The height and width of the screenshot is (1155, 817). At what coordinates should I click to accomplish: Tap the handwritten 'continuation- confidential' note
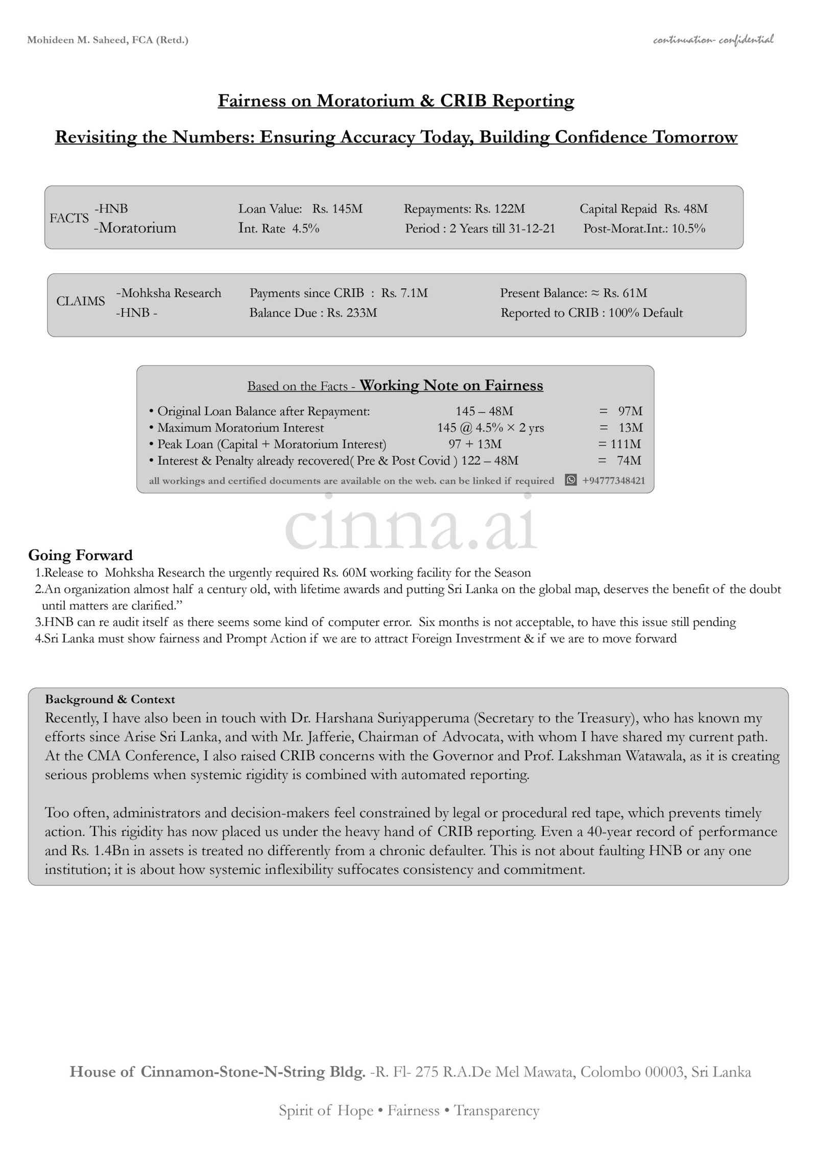coord(713,39)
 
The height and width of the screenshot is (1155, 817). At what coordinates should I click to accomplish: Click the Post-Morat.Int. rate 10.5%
coord(688,228)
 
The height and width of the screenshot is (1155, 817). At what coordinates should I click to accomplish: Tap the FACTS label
coord(69,218)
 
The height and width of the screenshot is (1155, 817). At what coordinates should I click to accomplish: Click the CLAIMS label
coord(81,301)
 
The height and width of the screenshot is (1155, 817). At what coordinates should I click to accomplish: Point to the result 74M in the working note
coord(629,461)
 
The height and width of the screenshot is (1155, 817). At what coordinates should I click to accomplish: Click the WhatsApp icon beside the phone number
coord(571,480)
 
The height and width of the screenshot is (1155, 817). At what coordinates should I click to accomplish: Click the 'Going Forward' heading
coord(80,555)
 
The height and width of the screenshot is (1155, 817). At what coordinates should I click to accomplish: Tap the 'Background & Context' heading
coord(110,699)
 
